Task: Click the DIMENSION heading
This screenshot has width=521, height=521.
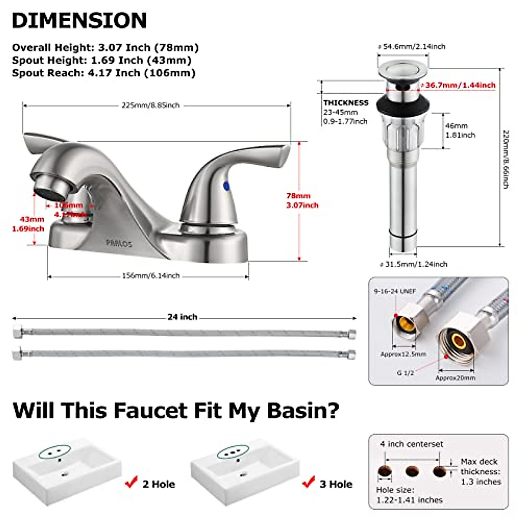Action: tap(79, 20)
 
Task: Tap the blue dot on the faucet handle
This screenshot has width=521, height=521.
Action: tap(226, 186)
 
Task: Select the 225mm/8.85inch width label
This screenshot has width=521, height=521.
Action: tap(150, 106)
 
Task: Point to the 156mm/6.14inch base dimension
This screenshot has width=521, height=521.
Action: tap(150, 276)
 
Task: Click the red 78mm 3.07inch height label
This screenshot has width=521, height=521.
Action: tap(302, 200)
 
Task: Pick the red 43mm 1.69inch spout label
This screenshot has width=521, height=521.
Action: tap(28, 224)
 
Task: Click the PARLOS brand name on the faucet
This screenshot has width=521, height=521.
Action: tap(119, 244)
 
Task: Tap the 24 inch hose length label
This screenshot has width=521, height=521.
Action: tap(182, 317)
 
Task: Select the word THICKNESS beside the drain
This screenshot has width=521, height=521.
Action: tap(346, 103)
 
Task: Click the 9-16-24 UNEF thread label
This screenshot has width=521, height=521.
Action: tap(392, 291)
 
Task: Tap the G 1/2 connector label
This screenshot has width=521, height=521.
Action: tap(406, 373)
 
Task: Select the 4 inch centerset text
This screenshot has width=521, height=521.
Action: tap(412, 444)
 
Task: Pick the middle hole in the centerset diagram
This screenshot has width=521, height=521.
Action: tap(412, 471)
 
